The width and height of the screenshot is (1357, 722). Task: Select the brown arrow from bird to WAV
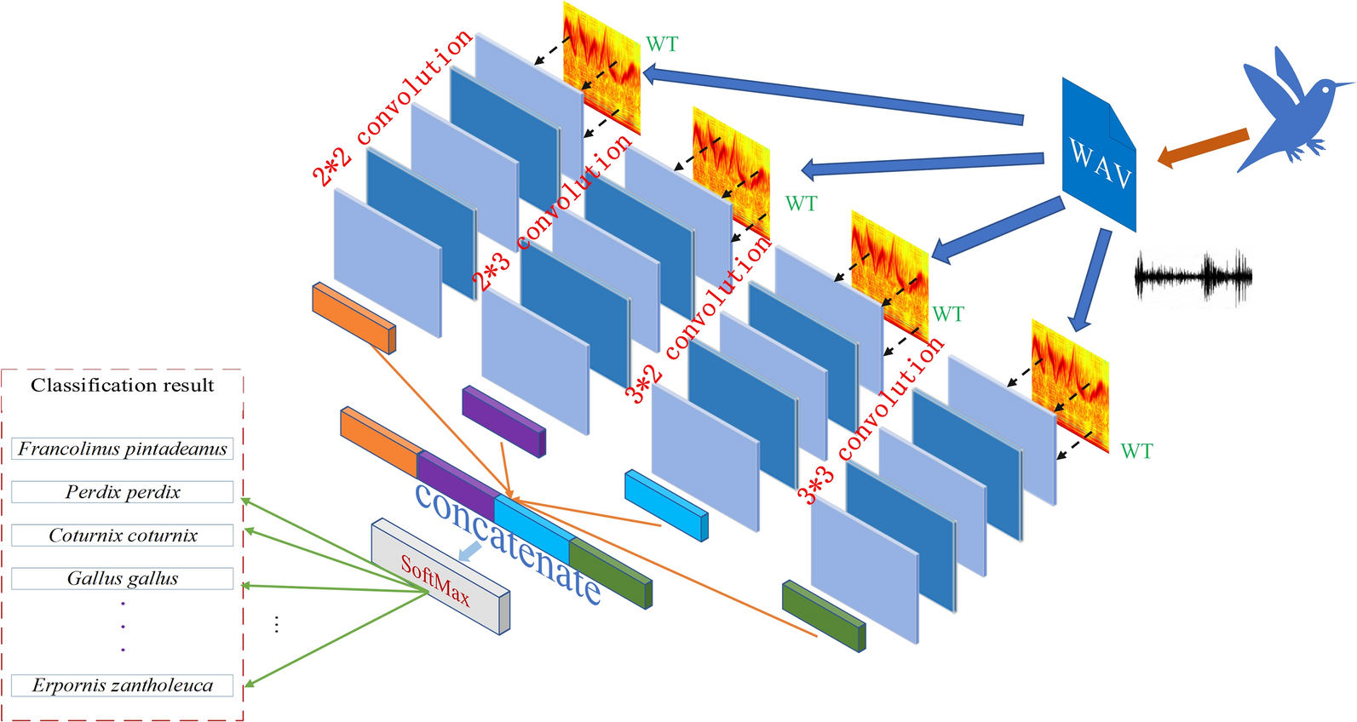[1202, 146]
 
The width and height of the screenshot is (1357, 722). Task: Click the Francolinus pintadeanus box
[123, 449]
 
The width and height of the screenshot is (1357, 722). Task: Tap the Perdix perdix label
[123, 492]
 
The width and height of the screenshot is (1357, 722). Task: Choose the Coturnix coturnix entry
[123, 536]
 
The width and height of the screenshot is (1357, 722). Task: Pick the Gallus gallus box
[123, 579]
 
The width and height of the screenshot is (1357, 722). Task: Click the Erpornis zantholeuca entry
[123, 685]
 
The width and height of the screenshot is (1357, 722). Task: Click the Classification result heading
[123, 386]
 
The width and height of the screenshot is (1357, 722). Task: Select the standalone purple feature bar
[503, 421]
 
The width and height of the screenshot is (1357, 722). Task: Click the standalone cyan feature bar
[665, 505]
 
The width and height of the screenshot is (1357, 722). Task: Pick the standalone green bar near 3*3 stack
[823, 616]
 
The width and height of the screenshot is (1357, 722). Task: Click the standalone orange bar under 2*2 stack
[354, 317]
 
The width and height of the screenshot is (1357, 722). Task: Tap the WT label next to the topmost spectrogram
[662, 44]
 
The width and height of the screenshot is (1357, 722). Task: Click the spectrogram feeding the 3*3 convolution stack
[1070, 387]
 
